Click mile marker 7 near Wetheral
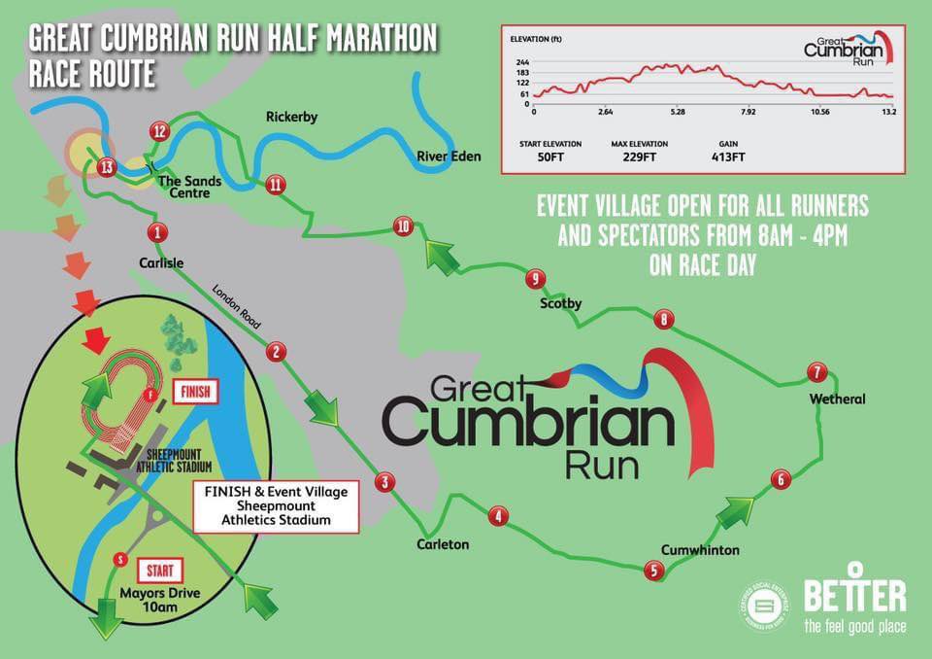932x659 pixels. tap(817, 372)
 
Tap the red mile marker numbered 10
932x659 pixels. tap(405, 226)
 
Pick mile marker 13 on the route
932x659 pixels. tap(107, 167)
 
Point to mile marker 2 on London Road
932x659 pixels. tap(277, 352)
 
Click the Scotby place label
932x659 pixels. tap(560, 304)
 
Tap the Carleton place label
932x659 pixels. tap(443, 544)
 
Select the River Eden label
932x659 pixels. tap(449, 156)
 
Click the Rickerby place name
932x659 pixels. tap(291, 118)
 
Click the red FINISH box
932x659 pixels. tap(194, 393)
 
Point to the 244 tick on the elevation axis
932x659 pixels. tap(522, 61)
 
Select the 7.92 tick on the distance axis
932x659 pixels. tap(748, 112)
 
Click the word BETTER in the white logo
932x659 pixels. tap(854, 594)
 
